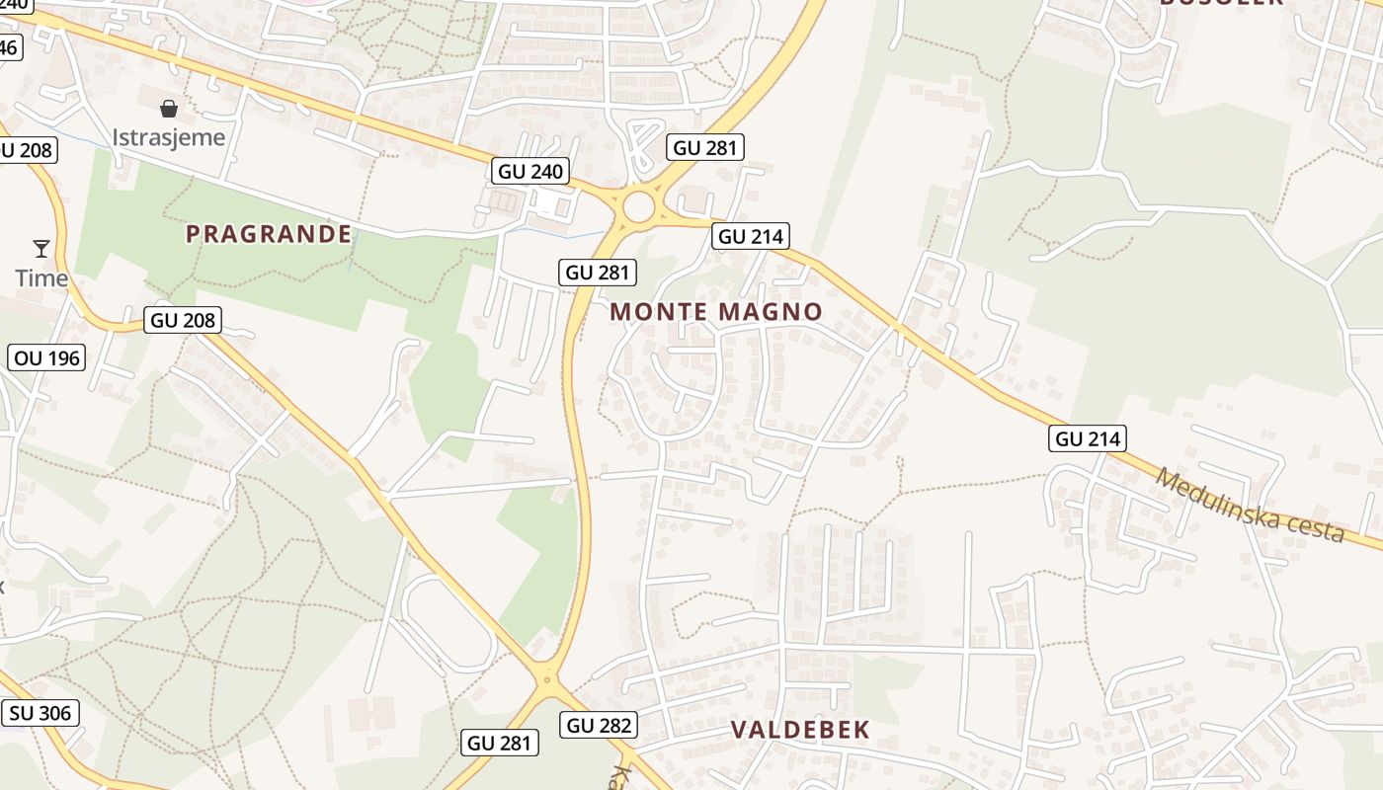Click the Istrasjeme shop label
pos(168,137)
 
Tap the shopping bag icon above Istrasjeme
pos(169,108)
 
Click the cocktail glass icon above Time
pos(41,248)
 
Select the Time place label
pos(41,278)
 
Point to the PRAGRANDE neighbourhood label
pos(269,234)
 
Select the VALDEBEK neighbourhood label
pos(800,730)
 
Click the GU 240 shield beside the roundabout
pos(531,171)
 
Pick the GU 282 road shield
pos(600,725)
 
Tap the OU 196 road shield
pos(47,357)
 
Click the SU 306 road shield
pos(41,712)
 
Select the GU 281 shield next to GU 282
pos(500,743)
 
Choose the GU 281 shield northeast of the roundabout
pos(705,148)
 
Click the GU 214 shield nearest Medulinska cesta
pos(1089,438)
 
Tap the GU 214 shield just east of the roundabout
pos(751,236)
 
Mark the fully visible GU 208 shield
pos(184,320)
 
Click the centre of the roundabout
pos(639,207)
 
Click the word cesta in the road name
pos(1315,525)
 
